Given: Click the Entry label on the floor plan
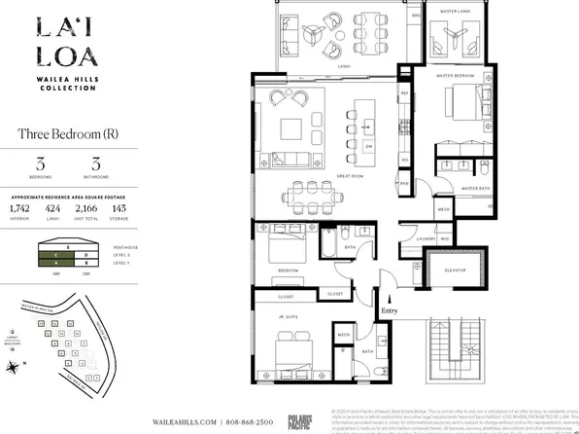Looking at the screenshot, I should [390, 310].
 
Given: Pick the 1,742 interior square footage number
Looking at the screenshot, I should [19, 208].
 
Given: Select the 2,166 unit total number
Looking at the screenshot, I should [86, 208].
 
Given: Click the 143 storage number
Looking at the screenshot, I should [119, 208].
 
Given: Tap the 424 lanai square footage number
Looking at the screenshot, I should [52, 208].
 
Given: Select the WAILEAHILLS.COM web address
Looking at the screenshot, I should [181, 421].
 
